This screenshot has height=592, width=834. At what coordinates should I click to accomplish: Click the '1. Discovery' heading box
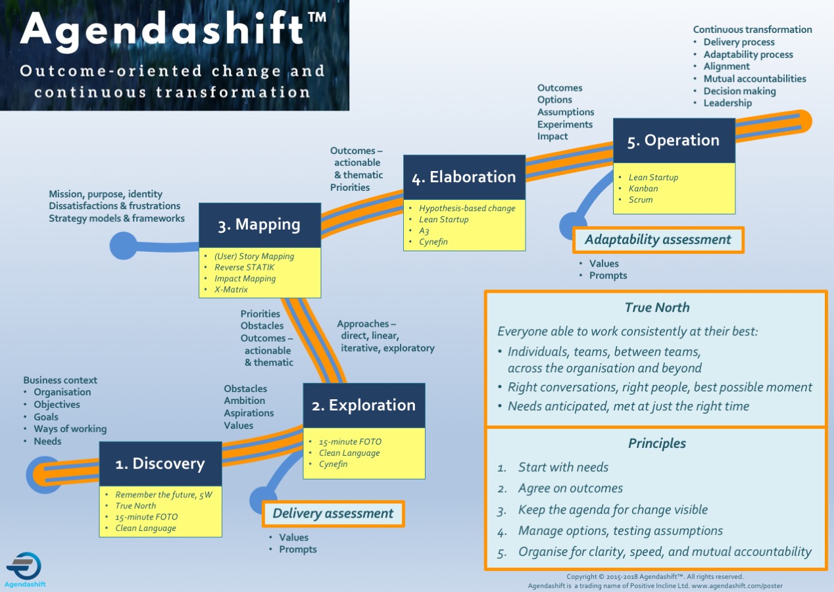tap(160, 464)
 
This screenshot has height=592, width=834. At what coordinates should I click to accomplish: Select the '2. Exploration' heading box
tap(364, 405)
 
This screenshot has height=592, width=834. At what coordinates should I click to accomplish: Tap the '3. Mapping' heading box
tap(260, 225)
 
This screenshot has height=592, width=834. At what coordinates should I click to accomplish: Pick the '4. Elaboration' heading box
tap(464, 177)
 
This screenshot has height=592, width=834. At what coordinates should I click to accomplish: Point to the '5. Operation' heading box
tap(674, 140)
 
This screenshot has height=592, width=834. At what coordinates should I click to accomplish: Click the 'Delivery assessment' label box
tap(333, 514)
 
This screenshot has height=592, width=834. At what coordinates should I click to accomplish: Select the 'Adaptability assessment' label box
tap(658, 240)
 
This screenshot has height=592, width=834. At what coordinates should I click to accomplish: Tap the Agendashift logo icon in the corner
tap(24, 566)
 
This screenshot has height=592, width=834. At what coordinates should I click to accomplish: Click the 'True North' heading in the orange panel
tap(657, 308)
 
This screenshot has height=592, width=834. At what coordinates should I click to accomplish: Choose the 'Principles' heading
tap(657, 443)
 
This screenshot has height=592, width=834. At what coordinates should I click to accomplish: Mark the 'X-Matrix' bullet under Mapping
tap(231, 289)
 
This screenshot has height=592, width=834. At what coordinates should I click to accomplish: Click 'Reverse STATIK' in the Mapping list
tap(244, 267)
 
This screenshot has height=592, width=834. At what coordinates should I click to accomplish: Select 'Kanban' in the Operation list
tap(643, 188)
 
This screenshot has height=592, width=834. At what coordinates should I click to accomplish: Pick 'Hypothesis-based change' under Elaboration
tap(467, 208)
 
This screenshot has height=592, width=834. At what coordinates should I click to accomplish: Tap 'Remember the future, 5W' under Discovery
tap(164, 495)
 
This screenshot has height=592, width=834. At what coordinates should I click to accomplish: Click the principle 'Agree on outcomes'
tap(570, 488)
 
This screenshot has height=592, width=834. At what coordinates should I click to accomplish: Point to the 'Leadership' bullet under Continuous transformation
tap(727, 103)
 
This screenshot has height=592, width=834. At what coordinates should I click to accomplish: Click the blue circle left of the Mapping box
tap(123, 246)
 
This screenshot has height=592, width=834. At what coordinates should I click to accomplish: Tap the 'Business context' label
tap(60, 380)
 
